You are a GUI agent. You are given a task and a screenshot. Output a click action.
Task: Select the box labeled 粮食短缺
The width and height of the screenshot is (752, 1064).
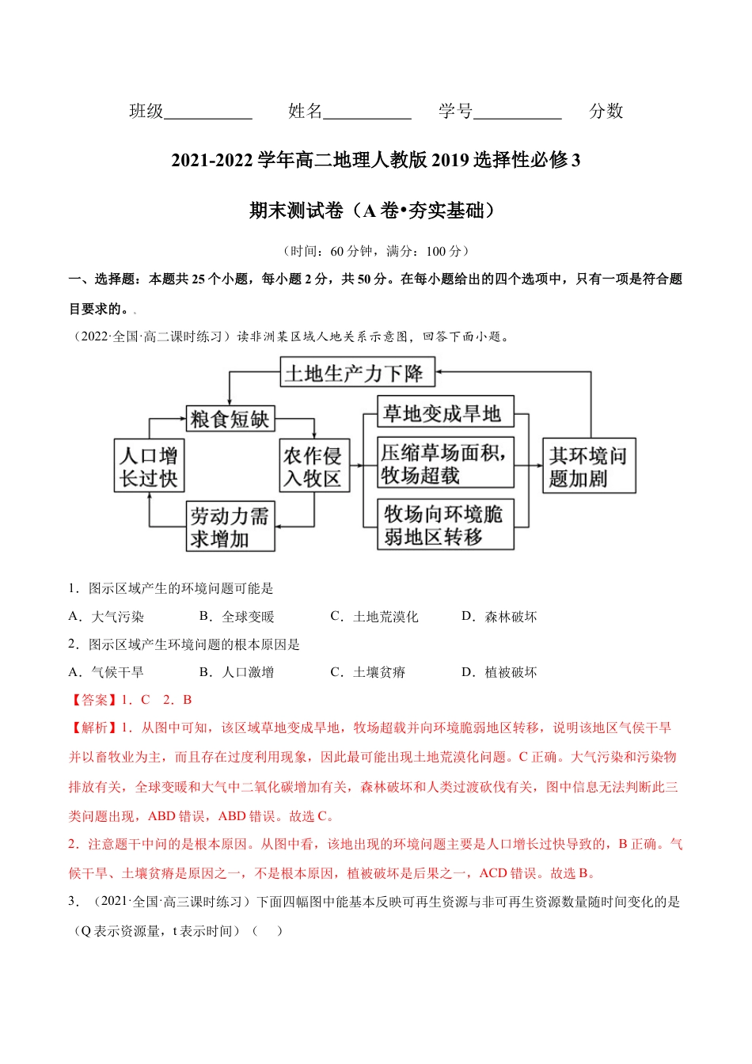(230, 419)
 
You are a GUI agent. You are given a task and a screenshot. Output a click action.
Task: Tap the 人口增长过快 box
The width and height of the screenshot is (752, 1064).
(148, 466)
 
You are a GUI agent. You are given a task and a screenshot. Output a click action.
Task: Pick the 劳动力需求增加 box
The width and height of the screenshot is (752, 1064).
(230, 527)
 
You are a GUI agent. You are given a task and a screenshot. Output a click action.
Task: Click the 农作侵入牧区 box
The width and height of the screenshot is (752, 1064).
(313, 466)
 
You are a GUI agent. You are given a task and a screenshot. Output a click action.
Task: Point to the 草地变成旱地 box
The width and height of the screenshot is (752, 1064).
(445, 413)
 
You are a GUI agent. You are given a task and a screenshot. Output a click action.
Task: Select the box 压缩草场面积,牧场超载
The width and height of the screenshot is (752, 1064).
(445, 463)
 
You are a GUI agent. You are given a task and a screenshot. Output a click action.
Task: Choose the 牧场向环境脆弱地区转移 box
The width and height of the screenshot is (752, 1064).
(445, 525)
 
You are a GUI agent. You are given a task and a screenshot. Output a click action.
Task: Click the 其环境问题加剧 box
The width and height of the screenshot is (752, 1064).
(589, 466)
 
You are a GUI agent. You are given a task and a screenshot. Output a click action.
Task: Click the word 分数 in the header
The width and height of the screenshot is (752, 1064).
(606, 112)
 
